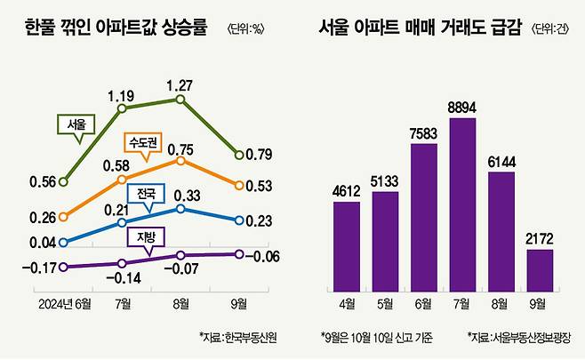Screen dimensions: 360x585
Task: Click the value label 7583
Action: point(423,132)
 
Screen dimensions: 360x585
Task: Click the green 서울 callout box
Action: point(76,124)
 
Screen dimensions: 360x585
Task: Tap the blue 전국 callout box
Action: point(144,194)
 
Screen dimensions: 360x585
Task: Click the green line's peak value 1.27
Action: point(181,86)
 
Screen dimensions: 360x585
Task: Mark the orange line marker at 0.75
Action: point(181,161)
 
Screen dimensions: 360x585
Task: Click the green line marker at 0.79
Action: point(238,156)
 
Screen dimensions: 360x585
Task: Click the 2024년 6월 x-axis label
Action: point(65,304)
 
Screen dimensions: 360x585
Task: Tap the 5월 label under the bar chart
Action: point(384,304)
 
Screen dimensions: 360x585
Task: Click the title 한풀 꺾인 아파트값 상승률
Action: point(116,28)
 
